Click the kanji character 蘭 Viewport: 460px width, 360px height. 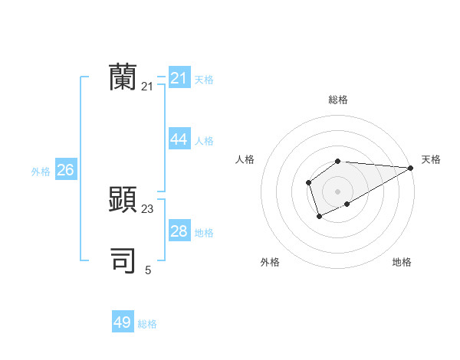(x=123, y=77)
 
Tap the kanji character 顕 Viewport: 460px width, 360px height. (x=123, y=199)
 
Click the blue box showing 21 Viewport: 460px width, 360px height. (x=179, y=78)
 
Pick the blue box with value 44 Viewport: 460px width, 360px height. (x=179, y=139)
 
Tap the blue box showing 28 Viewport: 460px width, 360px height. (x=179, y=231)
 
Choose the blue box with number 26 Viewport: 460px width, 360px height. (x=65, y=170)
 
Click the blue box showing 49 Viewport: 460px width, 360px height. (x=123, y=322)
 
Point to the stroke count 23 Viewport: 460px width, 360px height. (x=148, y=208)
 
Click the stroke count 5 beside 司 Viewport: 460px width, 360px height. (x=148, y=270)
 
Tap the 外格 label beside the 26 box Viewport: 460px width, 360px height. (x=41, y=172)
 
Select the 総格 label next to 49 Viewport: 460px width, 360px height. (x=147, y=324)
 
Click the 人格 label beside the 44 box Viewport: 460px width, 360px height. (x=204, y=141)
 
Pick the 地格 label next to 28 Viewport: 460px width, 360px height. (x=204, y=233)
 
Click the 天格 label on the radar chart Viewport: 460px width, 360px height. (x=431, y=159)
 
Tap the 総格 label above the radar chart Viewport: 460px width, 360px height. (x=337, y=100)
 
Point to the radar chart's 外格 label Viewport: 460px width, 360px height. (x=270, y=262)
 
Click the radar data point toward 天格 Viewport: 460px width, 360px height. (x=411, y=168)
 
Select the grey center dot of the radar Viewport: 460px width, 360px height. (x=337, y=191)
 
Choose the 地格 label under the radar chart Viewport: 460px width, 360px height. (x=402, y=262)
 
